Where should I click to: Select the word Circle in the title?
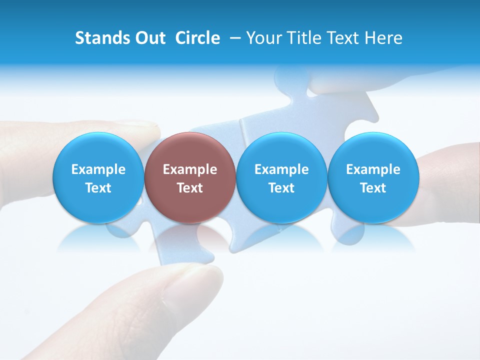197,38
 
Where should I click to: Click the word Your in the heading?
262,38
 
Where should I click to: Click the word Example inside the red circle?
190,169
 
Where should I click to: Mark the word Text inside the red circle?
190,188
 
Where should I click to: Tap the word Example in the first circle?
98,169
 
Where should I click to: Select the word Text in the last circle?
373,188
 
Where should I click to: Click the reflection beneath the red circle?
190,237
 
